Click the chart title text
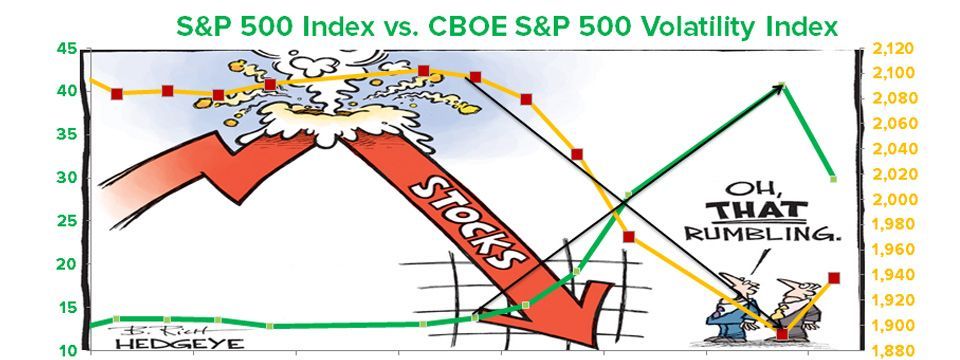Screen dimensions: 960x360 507,26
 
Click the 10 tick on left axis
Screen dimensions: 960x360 67,351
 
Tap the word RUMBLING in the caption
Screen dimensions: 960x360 761,233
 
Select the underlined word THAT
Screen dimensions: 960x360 757,211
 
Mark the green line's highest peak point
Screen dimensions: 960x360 781,86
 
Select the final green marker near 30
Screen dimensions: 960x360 833,179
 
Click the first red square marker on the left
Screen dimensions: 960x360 117,94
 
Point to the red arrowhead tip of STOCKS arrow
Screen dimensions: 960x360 594,349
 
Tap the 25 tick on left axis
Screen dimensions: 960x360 67,222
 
